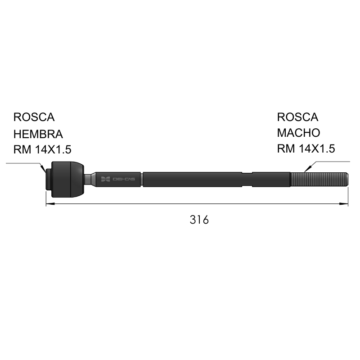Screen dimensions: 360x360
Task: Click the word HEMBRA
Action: [x=38, y=134]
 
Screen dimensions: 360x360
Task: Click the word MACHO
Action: [x=298, y=133]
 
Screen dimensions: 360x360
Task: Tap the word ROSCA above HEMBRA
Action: [x=34, y=117]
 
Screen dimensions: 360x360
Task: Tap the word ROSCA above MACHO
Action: [x=297, y=117]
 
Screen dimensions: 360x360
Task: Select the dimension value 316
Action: [x=199, y=220]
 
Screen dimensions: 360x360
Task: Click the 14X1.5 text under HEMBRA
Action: [x=53, y=149]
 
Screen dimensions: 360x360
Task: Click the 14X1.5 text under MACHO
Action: [x=317, y=148]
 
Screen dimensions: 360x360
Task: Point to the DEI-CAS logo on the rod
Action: [x=118, y=179]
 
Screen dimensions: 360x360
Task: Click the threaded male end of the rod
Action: [x=319, y=179]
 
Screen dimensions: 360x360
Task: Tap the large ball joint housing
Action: [x=67, y=179]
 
